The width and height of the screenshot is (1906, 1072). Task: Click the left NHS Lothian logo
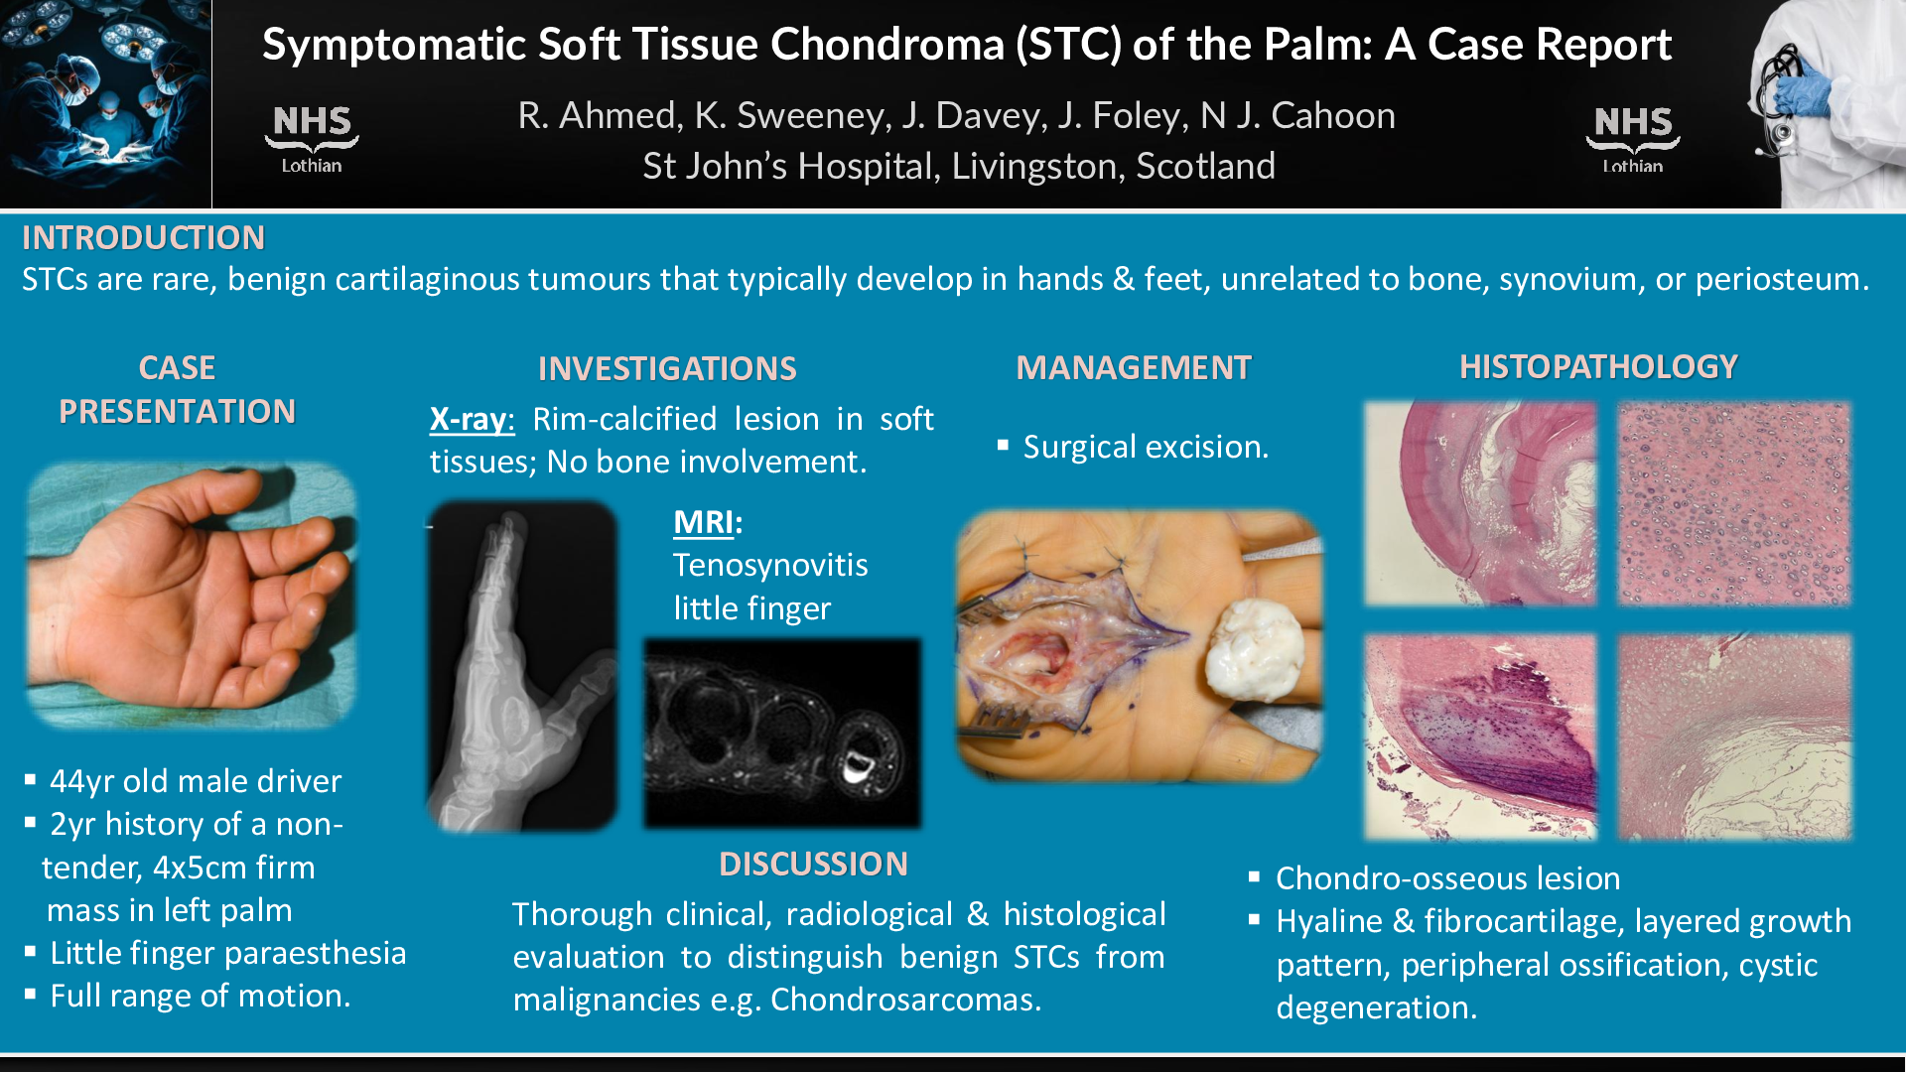click(x=312, y=139)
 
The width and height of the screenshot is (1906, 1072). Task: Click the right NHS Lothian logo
click(x=1633, y=139)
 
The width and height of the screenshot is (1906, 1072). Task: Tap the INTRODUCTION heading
click(x=144, y=238)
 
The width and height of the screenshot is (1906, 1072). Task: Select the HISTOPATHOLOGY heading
click(x=1598, y=367)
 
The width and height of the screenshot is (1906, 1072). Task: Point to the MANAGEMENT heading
click(x=1134, y=368)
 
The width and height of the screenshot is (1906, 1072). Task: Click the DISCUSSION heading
click(x=813, y=865)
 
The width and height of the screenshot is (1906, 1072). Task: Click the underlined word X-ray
click(x=472, y=420)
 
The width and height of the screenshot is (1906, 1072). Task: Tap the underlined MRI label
click(x=705, y=522)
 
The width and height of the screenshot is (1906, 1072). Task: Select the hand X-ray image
click(x=522, y=666)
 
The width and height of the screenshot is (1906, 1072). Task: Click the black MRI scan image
click(x=782, y=734)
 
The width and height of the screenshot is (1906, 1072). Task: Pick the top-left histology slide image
click(x=1480, y=503)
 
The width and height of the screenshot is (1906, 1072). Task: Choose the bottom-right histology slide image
click(x=1734, y=737)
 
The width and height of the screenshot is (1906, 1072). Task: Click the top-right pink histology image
click(x=1734, y=503)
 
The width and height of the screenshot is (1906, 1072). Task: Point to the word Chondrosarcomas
click(x=906, y=1000)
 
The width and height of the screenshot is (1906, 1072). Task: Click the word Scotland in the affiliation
click(x=1205, y=167)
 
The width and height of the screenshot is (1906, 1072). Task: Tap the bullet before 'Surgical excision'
click(x=1003, y=446)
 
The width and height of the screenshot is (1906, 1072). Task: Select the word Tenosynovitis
click(x=770, y=566)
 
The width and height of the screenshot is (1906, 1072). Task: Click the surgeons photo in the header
click(x=105, y=103)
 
